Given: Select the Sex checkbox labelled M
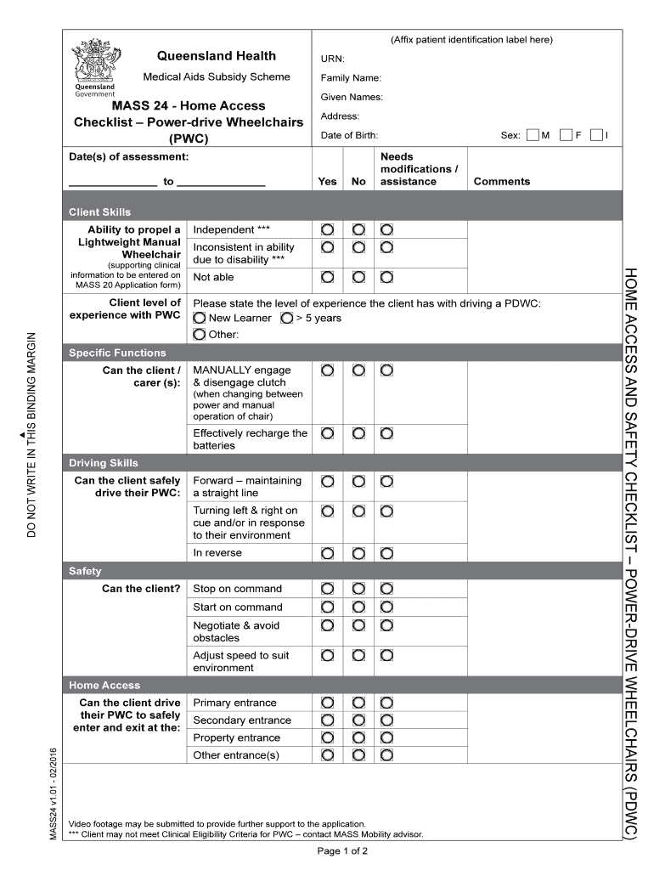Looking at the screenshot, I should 532,135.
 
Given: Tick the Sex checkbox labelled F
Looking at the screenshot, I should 566,135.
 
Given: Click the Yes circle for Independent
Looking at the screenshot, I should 327,229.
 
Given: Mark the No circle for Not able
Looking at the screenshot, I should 358,277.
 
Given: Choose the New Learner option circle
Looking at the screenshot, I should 200,318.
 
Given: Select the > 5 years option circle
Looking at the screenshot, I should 286,318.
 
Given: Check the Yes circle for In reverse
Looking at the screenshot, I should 327,553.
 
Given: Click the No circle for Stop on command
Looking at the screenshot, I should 358,589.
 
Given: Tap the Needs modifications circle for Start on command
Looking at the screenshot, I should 386,607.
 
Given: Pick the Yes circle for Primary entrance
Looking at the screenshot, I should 327,703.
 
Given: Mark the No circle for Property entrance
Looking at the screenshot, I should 358,737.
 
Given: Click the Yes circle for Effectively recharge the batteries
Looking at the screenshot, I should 327,433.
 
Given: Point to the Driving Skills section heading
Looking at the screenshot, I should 104,463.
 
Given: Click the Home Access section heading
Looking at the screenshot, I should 104,685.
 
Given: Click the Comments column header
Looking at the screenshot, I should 501,181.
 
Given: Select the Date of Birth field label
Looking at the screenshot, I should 349,135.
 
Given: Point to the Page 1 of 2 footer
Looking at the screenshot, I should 342,850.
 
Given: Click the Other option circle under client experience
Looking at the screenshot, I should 200,334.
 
